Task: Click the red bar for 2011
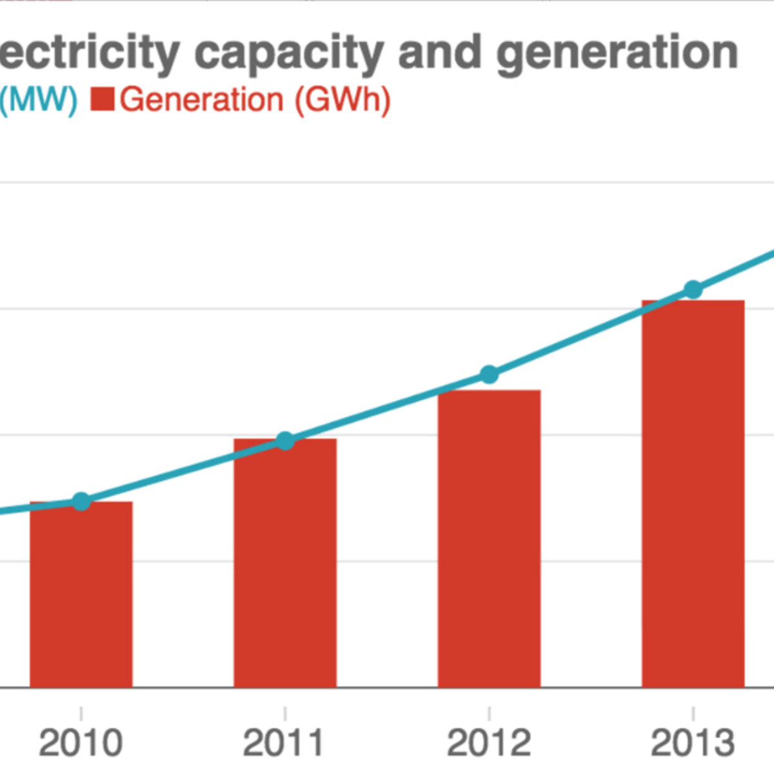point(285,563)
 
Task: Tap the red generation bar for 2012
point(489,539)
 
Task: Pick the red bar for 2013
point(693,493)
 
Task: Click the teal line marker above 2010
point(81,501)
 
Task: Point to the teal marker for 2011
point(286,441)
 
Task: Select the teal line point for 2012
point(489,374)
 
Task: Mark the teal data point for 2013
point(693,290)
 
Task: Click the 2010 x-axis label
point(81,743)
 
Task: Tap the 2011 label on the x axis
point(284,743)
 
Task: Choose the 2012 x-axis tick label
point(489,743)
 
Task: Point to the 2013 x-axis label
point(693,743)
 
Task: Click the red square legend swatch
point(103,99)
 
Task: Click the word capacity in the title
point(289,54)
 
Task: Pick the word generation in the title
point(617,54)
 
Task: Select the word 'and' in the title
point(440,52)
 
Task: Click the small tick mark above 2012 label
point(489,713)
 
